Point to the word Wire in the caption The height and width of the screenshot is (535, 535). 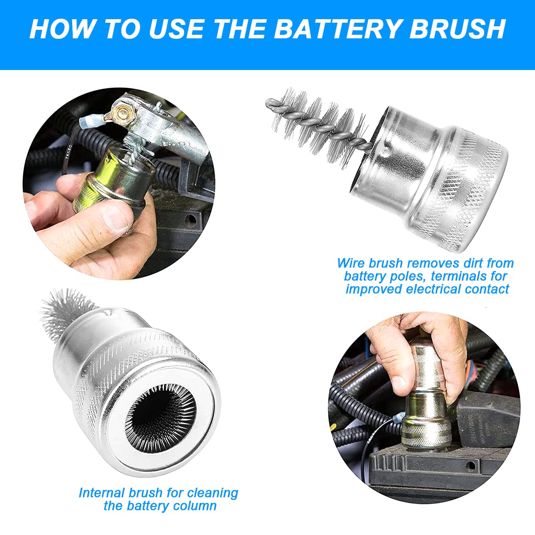[351, 263]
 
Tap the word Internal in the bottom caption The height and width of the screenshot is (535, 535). [101, 493]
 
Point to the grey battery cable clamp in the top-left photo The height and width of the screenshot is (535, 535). [174, 134]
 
